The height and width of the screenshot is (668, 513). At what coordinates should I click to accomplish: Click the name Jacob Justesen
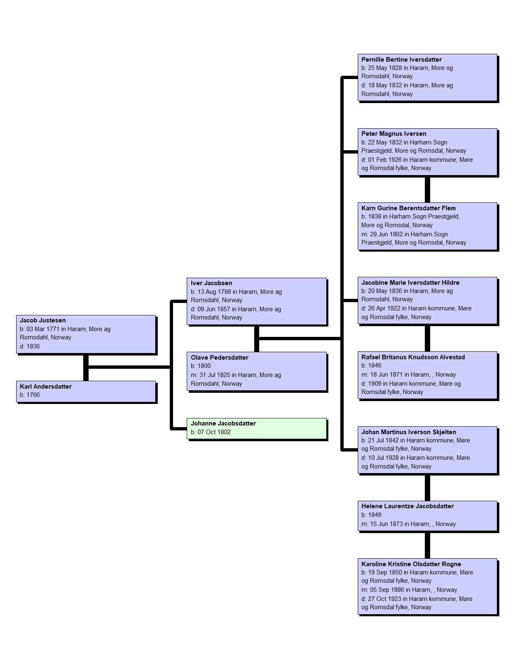tap(43, 320)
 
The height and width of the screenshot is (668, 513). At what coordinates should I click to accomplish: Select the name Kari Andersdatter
tap(46, 387)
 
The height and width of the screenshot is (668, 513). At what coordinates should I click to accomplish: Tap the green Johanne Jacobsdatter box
tap(257, 428)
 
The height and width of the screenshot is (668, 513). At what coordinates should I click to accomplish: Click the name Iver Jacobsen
tap(211, 283)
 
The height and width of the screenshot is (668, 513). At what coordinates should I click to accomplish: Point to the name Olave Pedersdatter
tap(219, 358)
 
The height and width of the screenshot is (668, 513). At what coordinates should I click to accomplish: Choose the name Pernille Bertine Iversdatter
tap(401, 60)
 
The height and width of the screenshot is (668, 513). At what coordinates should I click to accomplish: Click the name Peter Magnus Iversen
tap(394, 134)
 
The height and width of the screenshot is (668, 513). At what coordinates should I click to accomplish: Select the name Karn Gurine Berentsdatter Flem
tap(408, 208)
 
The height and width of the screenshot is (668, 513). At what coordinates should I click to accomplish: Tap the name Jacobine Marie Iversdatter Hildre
tap(410, 283)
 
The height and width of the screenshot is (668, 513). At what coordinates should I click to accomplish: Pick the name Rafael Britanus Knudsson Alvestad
tap(413, 357)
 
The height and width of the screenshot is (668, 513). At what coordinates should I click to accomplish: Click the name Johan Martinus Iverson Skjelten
tap(409, 432)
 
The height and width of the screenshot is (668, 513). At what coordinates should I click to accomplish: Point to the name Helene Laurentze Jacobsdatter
tap(407, 506)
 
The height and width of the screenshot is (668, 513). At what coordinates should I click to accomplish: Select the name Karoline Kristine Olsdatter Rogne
tap(411, 564)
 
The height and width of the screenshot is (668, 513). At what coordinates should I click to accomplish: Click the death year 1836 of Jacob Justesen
tap(33, 346)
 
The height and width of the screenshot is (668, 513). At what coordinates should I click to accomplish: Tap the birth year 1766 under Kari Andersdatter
tap(33, 395)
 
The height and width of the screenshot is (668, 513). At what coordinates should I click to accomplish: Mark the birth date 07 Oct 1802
tap(214, 432)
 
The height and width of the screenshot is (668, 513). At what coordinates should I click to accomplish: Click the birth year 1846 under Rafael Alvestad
tap(375, 365)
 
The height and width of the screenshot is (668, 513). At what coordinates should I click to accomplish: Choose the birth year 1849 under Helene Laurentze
tap(375, 514)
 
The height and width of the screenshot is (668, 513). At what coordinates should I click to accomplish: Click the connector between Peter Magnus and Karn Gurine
tap(427, 190)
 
